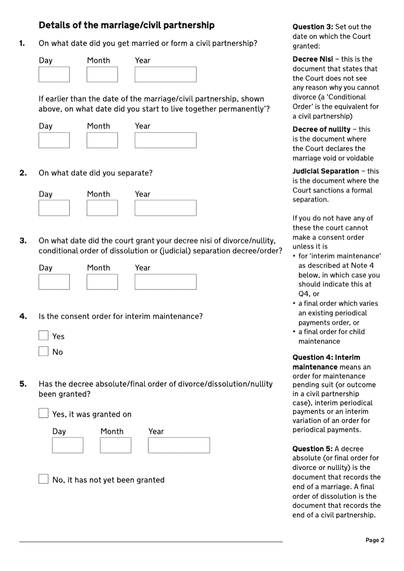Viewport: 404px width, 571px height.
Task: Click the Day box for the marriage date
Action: (54, 74)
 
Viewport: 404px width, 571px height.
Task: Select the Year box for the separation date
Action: (165, 208)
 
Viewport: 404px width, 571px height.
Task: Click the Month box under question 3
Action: (102, 281)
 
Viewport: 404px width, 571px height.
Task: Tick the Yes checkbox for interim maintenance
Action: (44, 336)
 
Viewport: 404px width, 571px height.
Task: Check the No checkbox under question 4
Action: (44, 351)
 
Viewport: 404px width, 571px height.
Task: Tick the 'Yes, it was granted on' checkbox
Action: (44, 413)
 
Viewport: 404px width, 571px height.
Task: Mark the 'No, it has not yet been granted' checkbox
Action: (44, 479)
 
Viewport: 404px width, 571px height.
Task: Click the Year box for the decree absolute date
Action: (179, 445)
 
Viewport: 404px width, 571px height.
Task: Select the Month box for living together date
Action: (102, 140)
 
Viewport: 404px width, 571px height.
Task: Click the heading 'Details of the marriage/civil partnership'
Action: (126, 25)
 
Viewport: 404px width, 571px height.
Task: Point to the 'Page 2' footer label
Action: (375, 540)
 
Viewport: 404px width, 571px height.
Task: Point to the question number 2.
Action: (23, 173)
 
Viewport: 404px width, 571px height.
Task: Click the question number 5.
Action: (23, 384)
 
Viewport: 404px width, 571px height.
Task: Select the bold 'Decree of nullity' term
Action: (321, 129)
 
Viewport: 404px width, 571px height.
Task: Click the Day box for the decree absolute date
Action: (68, 445)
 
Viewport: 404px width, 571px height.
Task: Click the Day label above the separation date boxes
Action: (45, 194)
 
